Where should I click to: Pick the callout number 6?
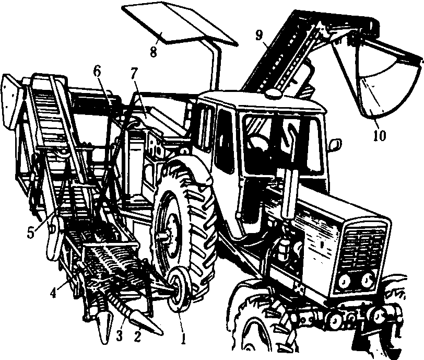point(97,72)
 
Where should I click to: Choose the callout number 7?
point(134,74)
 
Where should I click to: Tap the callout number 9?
point(259,36)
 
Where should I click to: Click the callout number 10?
point(380,136)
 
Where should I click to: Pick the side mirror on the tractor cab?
point(334,145)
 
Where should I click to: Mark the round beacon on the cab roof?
point(274,94)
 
